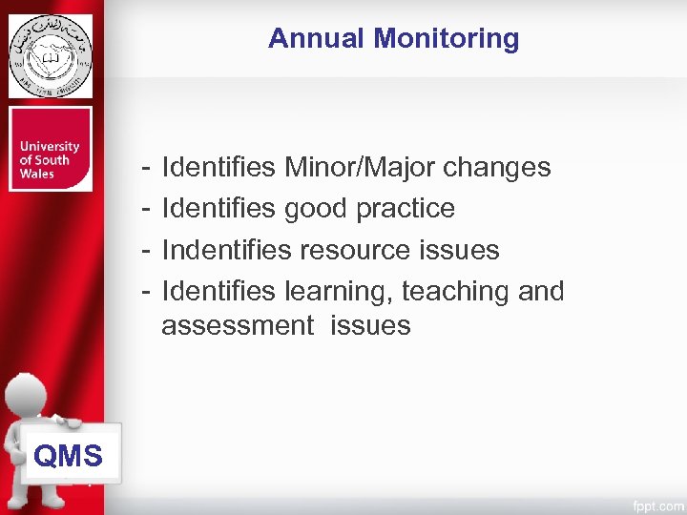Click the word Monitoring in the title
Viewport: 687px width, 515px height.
coord(447,38)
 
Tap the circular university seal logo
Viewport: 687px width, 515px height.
coord(51,56)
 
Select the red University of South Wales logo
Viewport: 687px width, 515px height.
coord(51,149)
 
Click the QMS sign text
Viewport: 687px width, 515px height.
coord(68,456)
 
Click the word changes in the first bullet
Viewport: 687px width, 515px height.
coord(497,167)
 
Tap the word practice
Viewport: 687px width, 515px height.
coord(406,208)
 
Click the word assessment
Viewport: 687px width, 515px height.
coord(237,325)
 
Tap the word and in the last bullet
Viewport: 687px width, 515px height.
coord(541,291)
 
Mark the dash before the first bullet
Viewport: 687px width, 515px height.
coord(142,167)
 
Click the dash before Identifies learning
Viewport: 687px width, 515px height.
coord(142,291)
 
